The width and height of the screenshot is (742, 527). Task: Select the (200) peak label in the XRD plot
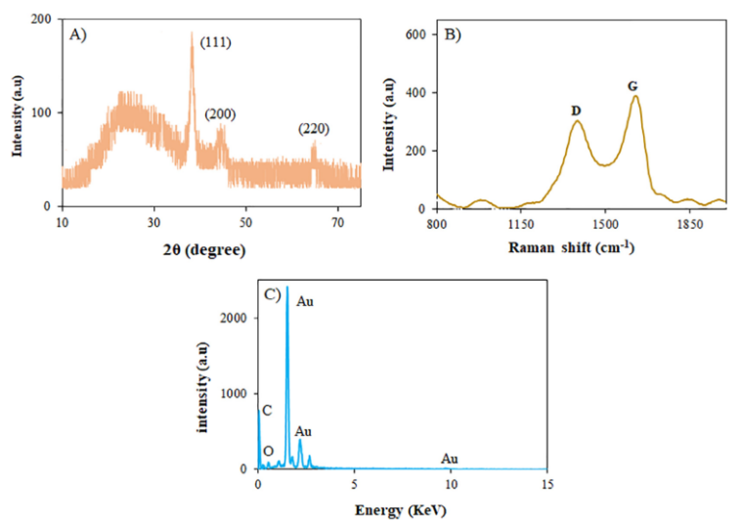point(220,114)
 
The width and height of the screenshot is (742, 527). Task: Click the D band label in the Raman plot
point(576,110)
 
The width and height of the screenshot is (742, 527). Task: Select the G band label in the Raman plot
point(633,87)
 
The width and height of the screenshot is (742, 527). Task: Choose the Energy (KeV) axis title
point(401,509)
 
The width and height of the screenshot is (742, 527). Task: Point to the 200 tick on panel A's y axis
point(42,20)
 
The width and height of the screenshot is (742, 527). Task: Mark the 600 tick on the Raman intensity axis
point(415,34)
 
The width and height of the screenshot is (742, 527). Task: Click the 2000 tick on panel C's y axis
point(233,317)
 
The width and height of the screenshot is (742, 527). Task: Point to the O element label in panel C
point(269,451)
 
